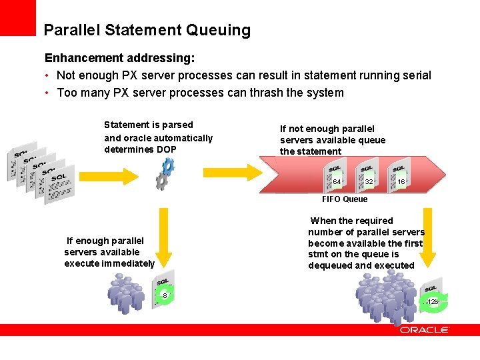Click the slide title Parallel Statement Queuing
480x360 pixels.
147,30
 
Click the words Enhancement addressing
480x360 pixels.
119,59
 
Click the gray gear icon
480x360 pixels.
160,181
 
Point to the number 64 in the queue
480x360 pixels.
337,182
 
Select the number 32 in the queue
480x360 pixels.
369,182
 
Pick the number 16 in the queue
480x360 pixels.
401,182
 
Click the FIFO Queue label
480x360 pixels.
344,199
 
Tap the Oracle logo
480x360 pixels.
425,330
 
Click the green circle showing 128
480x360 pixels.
433,302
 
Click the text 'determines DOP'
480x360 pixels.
141,149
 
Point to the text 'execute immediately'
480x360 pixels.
109,263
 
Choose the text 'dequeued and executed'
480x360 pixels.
361,265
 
